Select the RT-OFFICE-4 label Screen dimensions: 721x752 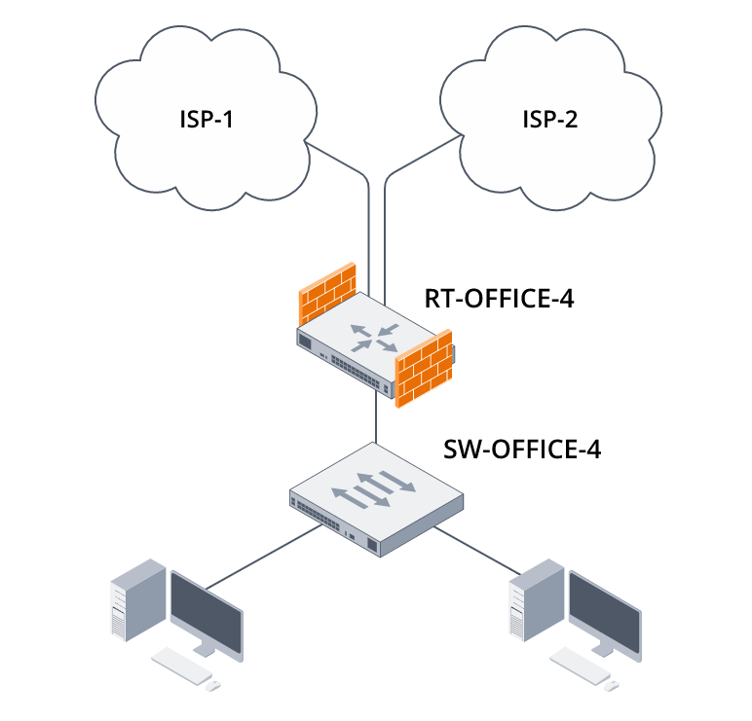click(x=499, y=298)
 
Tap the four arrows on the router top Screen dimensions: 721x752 click(x=374, y=336)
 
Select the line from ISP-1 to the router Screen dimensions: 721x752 click(x=369, y=224)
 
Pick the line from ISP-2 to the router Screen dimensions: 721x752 click(x=386, y=224)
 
